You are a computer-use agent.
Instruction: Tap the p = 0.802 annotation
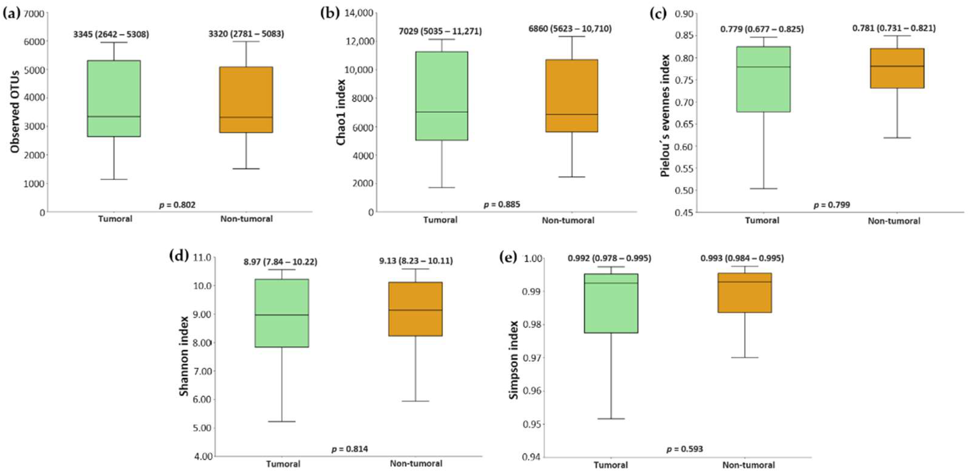pos(177,205)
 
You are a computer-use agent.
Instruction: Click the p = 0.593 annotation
pos(685,449)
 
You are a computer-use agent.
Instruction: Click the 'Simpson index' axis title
pos(514,360)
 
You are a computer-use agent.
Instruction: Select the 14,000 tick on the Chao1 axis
pos(359,13)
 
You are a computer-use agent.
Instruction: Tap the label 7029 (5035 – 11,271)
pos(440,31)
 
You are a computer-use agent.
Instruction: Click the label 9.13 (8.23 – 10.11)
pos(416,260)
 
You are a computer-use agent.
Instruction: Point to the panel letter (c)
pos(658,13)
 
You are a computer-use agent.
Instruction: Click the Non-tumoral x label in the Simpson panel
pos(748,465)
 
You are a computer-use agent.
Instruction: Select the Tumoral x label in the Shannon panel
pos(283,464)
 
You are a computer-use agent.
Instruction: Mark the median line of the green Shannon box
pos(282,315)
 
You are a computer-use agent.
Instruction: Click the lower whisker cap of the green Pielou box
pos(764,189)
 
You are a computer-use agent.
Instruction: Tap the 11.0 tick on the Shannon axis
pos(203,258)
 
